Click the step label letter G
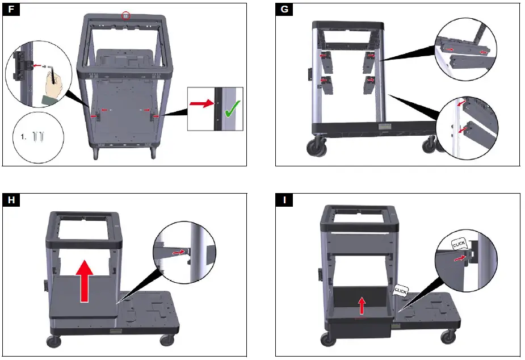284,10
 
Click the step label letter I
284,200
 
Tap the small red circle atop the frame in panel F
125,16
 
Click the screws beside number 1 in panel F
38,137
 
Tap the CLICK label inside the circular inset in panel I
459,244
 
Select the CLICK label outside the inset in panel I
401,290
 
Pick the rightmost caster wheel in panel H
166,340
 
